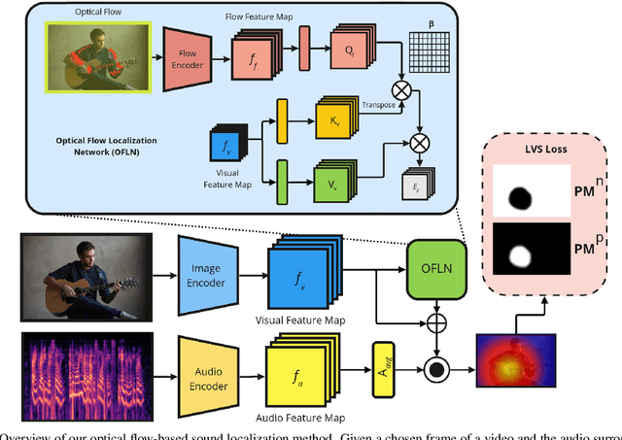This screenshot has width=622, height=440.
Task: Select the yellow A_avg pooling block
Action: (381, 367)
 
